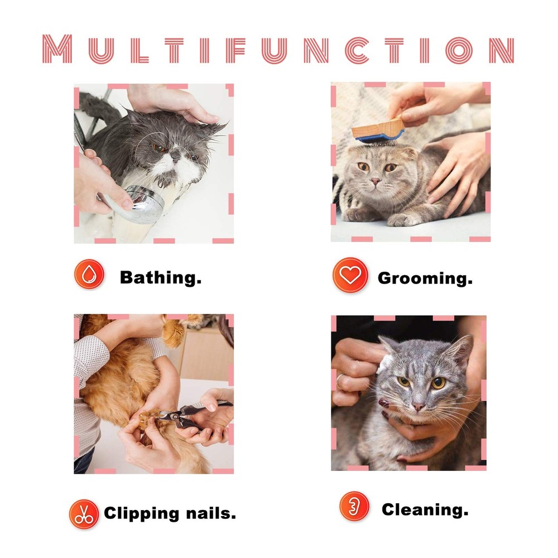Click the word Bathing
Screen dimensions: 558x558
(x=161, y=277)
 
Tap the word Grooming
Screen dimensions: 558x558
(x=425, y=278)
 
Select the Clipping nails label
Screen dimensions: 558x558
(x=170, y=513)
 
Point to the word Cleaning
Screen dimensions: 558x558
(x=425, y=509)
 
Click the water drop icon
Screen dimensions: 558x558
(x=89, y=275)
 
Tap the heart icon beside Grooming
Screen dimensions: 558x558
(x=350, y=275)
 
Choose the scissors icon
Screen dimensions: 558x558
(x=84, y=514)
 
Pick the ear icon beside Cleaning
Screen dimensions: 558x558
(x=354, y=507)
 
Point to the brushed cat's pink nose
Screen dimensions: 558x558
(x=376, y=181)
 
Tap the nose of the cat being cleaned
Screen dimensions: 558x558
(x=419, y=406)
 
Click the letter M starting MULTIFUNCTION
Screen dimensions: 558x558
(x=57, y=49)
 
